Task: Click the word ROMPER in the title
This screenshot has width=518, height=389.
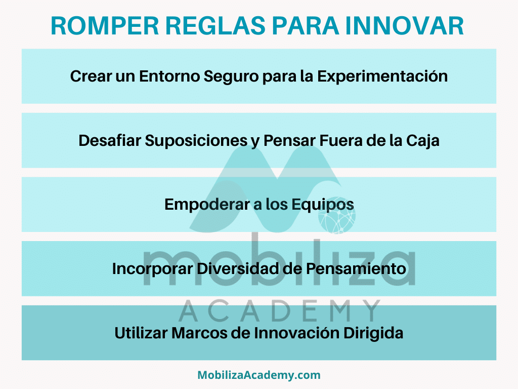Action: coord(105,26)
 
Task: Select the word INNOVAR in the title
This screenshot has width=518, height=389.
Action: coord(405,26)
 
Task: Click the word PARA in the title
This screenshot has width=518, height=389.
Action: coord(305,26)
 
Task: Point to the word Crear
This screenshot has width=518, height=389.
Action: coord(91,76)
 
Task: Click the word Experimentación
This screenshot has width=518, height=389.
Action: coord(382,77)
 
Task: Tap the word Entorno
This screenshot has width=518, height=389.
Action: coord(169,76)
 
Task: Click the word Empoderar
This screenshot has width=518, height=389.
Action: coord(207,205)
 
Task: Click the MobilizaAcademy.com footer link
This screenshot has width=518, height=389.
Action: coord(259,375)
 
